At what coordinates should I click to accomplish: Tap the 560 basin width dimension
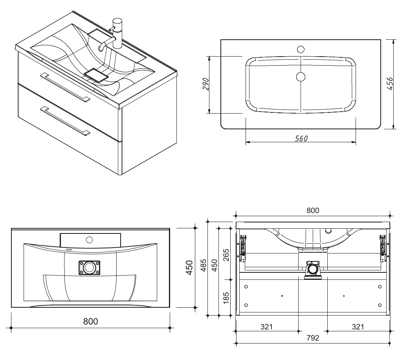tap(301, 138)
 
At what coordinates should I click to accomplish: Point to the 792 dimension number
tap(313, 338)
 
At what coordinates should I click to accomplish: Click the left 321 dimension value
tap(266, 327)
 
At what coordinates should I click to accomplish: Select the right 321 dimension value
tap(358, 327)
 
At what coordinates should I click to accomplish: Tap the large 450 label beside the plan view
tap(189, 267)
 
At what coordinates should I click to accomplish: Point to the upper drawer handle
tap(65, 86)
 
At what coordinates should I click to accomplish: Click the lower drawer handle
tap(65, 121)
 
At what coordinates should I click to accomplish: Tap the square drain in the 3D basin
tap(96, 75)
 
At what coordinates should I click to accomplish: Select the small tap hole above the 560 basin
tap(301, 50)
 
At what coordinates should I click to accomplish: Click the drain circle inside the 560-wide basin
tap(301, 76)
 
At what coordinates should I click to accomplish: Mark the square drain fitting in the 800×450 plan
tap(89, 268)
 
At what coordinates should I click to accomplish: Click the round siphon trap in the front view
tap(313, 269)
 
